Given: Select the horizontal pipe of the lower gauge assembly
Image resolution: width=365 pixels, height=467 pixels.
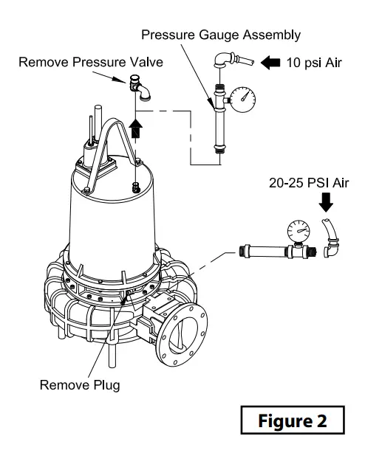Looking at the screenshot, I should pos(262,251).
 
